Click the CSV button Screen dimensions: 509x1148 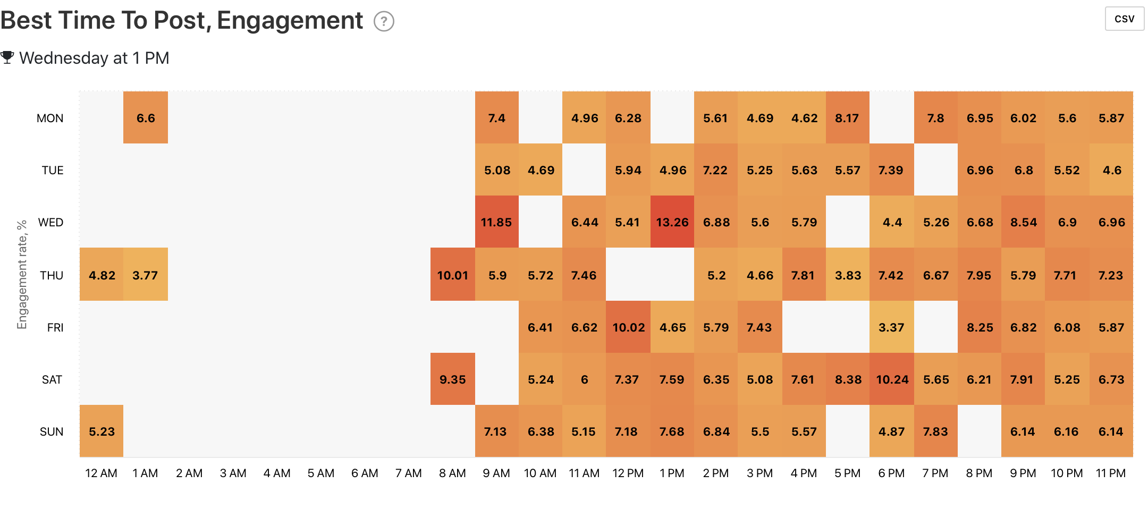[x=1124, y=19]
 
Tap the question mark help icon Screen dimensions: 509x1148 [x=384, y=22]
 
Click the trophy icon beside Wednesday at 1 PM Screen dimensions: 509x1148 [x=7, y=57]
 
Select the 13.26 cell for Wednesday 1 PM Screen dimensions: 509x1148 [x=672, y=222]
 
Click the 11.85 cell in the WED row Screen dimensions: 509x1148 [x=496, y=222]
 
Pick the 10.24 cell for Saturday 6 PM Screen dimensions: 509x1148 [x=892, y=379]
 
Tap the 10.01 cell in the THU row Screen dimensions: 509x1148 [x=452, y=275]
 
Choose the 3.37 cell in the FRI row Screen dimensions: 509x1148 [x=891, y=327]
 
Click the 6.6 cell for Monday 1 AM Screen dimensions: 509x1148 [x=146, y=118]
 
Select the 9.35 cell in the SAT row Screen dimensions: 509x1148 [x=452, y=379]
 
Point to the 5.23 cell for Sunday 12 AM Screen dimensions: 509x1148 [x=102, y=431]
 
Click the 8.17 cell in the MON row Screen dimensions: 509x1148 [x=847, y=118]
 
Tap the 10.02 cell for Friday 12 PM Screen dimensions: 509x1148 [x=628, y=327]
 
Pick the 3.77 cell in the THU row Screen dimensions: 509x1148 [x=145, y=275]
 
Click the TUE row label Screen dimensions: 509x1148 [x=53, y=170]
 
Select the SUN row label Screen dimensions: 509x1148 [x=52, y=431]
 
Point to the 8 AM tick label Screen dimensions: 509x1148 [x=452, y=473]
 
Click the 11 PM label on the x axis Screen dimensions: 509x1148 [x=1111, y=473]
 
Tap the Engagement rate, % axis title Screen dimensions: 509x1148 [x=22, y=275]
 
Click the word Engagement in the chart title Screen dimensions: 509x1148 [x=290, y=21]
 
